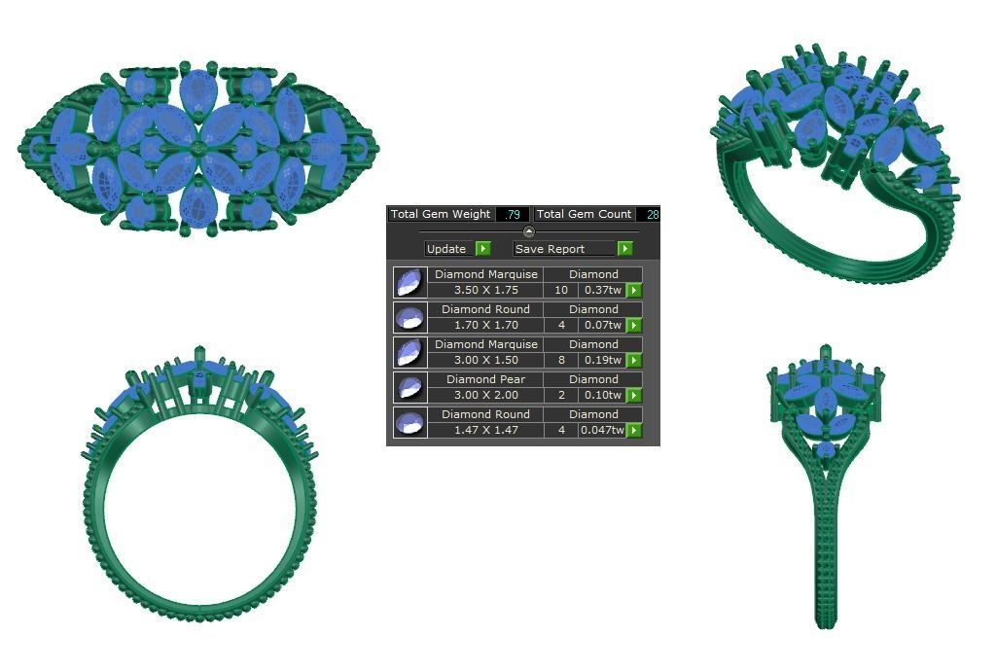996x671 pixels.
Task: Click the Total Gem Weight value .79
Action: click(x=513, y=214)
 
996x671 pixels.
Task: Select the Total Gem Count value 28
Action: click(x=651, y=214)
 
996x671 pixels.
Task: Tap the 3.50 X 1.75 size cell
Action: click(x=485, y=290)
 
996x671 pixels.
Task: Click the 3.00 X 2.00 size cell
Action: click(x=485, y=395)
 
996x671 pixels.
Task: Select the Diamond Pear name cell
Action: click(x=485, y=379)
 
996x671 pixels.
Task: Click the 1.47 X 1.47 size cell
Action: click(x=485, y=430)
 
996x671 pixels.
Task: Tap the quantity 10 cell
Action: click(x=561, y=290)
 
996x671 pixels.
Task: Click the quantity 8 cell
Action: click(x=561, y=360)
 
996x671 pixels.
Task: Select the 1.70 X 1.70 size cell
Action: click(x=485, y=325)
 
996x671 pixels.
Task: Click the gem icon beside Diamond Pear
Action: click(x=410, y=387)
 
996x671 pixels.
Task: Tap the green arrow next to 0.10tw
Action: click(x=634, y=395)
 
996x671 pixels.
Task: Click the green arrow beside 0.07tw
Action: click(x=634, y=325)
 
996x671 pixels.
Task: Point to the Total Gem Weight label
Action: click(x=441, y=214)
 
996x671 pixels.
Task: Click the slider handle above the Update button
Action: click(x=528, y=231)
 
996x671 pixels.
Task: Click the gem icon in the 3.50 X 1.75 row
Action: click(x=410, y=282)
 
